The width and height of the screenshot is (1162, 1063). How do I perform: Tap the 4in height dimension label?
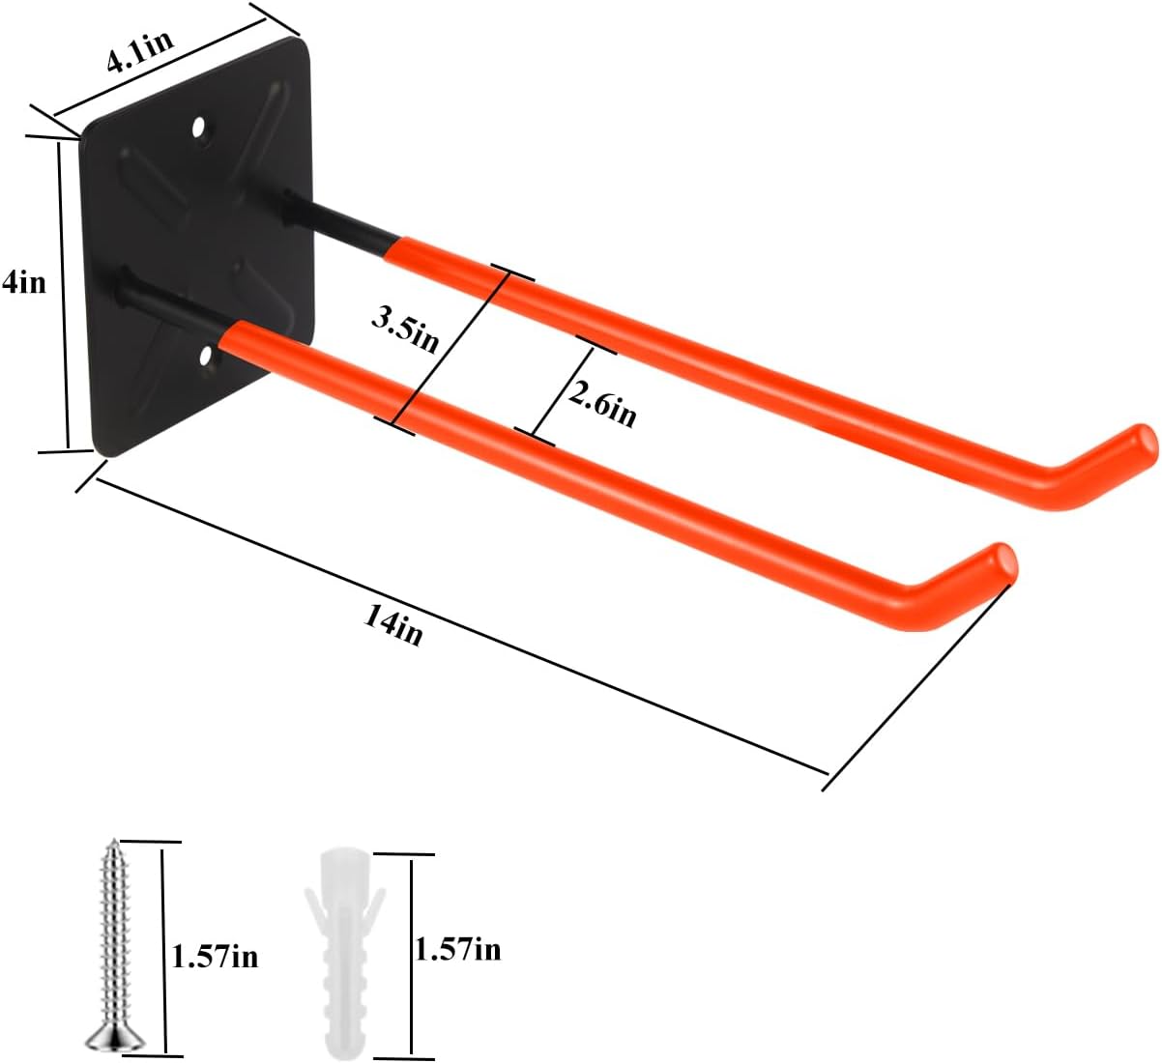coord(23,283)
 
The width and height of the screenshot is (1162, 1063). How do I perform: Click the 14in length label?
coord(393,625)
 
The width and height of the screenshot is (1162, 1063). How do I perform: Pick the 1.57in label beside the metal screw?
coord(215,957)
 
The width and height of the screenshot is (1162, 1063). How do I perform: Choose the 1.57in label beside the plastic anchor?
coord(457,950)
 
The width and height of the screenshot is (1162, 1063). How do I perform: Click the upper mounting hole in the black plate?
coord(199,128)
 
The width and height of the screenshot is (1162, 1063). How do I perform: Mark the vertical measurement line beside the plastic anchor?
coord(411,952)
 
